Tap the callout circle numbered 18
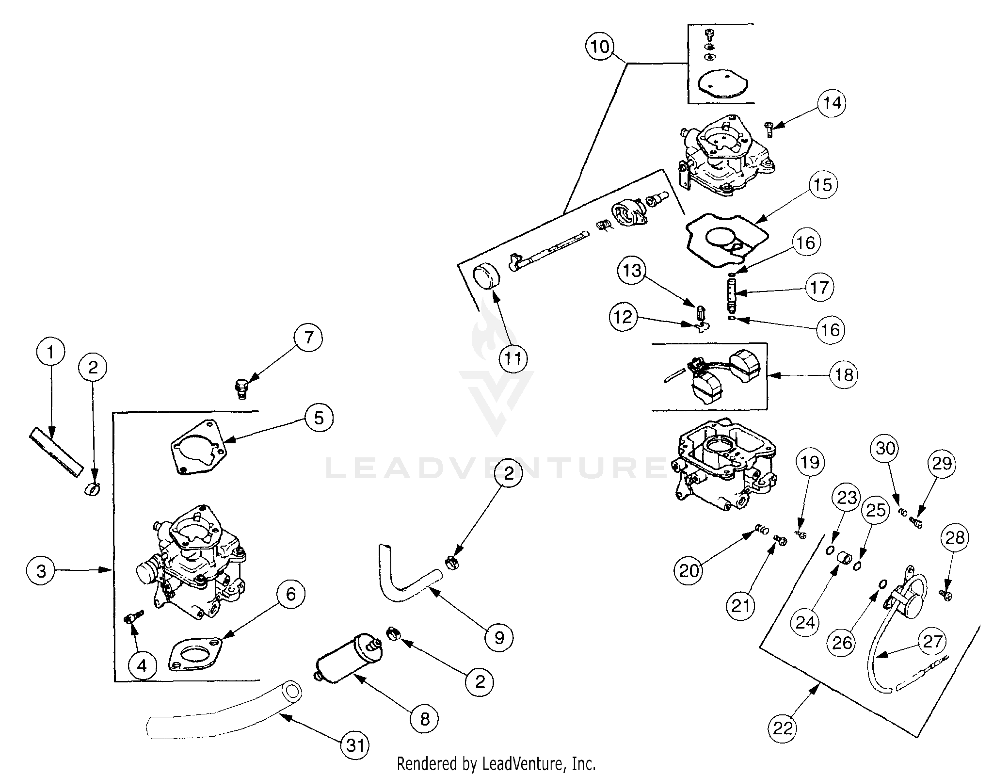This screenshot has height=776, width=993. click(844, 375)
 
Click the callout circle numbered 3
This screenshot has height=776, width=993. click(41, 571)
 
